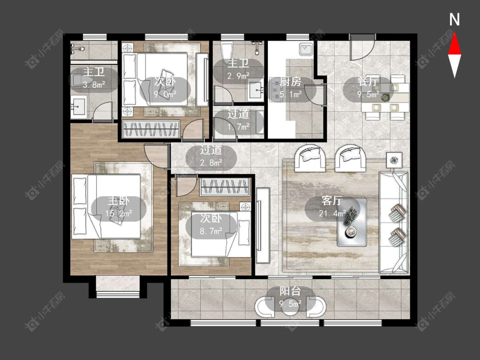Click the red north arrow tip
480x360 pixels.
(x=454, y=33)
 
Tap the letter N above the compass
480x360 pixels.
(x=454, y=20)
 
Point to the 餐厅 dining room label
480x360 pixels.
(x=368, y=82)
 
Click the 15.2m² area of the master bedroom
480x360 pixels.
(x=119, y=213)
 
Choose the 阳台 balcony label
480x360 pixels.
(x=290, y=291)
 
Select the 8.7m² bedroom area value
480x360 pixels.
(x=211, y=230)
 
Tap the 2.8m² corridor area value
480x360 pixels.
(x=211, y=163)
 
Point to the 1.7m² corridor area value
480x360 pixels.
(x=239, y=126)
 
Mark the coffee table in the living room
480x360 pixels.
(x=352, y=223)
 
